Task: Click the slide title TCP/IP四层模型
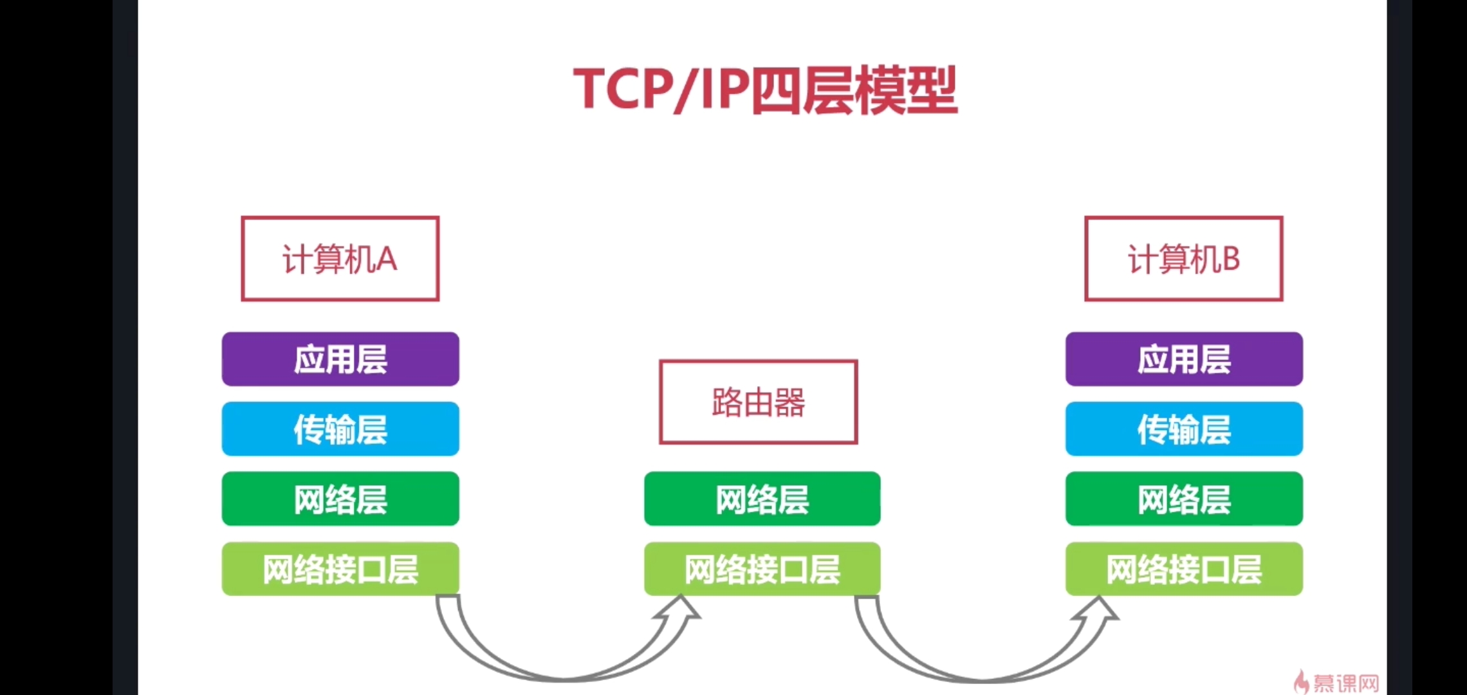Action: click(x=765, y=90)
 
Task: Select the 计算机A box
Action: click(x=340, y=259)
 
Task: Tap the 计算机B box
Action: click(x=1183, y=259)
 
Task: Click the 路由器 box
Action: click(x=758, y=402)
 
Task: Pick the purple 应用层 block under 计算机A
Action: click(x=340, y=359)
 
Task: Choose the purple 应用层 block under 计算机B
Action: click(x=1184, y=359)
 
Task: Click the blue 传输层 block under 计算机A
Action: click(x=340, y=429)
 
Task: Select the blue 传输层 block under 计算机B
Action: click(x=1184, y=429)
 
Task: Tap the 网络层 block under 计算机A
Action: click(x=340, y=499)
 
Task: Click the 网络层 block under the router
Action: click(x=762, y=499)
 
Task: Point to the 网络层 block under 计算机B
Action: click(x=1184, y=499)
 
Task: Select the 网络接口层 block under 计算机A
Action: click(x=340, y=570)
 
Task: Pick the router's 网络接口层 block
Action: click(x=762, y=570)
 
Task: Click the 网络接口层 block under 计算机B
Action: click(x=1184, y=570)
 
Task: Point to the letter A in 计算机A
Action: click(x=386, y=259)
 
